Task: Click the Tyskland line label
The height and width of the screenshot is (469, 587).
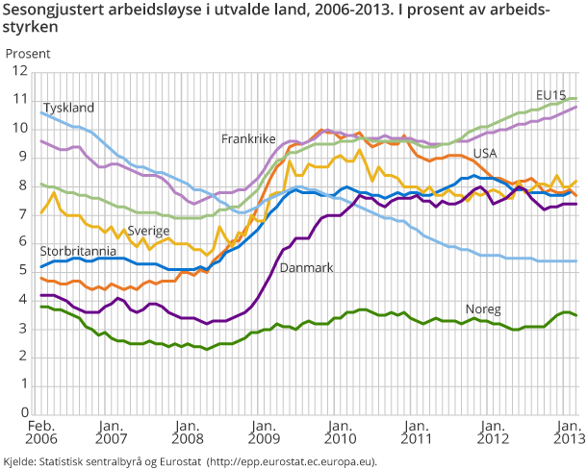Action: (x=69, y=107)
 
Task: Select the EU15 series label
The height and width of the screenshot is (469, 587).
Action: (x=550, y=94)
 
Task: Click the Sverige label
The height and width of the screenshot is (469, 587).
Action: (x=149, y=231)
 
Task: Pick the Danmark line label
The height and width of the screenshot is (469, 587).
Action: (x=306, y=269)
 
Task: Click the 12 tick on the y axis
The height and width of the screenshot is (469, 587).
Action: (x=16, y=71)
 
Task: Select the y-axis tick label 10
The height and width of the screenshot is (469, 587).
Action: (x=16, y=128)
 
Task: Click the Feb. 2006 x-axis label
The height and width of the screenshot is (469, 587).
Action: (x=40, y=432)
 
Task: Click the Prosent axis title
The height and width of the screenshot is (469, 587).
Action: (x=29, y=53)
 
